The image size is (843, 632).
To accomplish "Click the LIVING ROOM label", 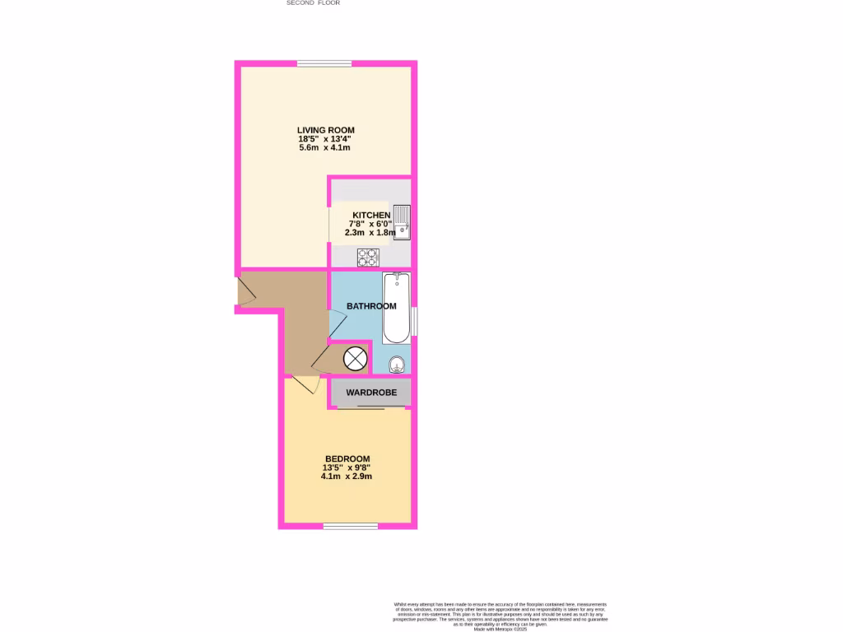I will click(x=325, y=130).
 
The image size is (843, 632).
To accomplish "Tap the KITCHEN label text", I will click(x=371, y=216).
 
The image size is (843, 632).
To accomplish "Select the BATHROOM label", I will click(x=370, y=306).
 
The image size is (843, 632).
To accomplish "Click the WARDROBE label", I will click(x=370, y=393).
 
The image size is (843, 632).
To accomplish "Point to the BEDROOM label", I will click(x=347, y=458).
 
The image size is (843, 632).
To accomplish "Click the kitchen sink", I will click(x=401, y=221).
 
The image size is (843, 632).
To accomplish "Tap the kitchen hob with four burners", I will click(x=367, y=258).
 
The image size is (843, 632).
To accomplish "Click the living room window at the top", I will click(x=324, y=63).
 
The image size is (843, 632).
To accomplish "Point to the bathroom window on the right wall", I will click(x=414, y=321).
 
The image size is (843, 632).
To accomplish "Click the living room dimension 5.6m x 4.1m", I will click(x=325, y=148).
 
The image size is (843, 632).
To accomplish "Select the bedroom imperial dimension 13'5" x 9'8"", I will click(x=347, y=467).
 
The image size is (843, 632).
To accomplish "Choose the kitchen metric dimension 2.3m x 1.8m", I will click(x=371, y=233).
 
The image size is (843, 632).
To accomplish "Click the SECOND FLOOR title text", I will click(x=313, y=3).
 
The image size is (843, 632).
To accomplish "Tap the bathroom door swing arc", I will click(x=338, y=323).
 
